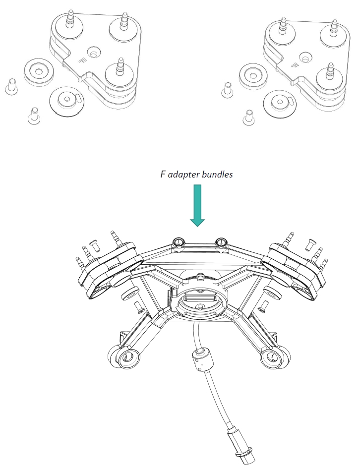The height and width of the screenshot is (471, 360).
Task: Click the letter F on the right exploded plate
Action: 297,65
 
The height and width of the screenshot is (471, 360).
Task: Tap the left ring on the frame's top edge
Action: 179,242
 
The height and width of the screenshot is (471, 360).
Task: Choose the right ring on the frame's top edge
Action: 220,242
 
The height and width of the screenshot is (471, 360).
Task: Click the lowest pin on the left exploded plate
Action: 120,67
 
